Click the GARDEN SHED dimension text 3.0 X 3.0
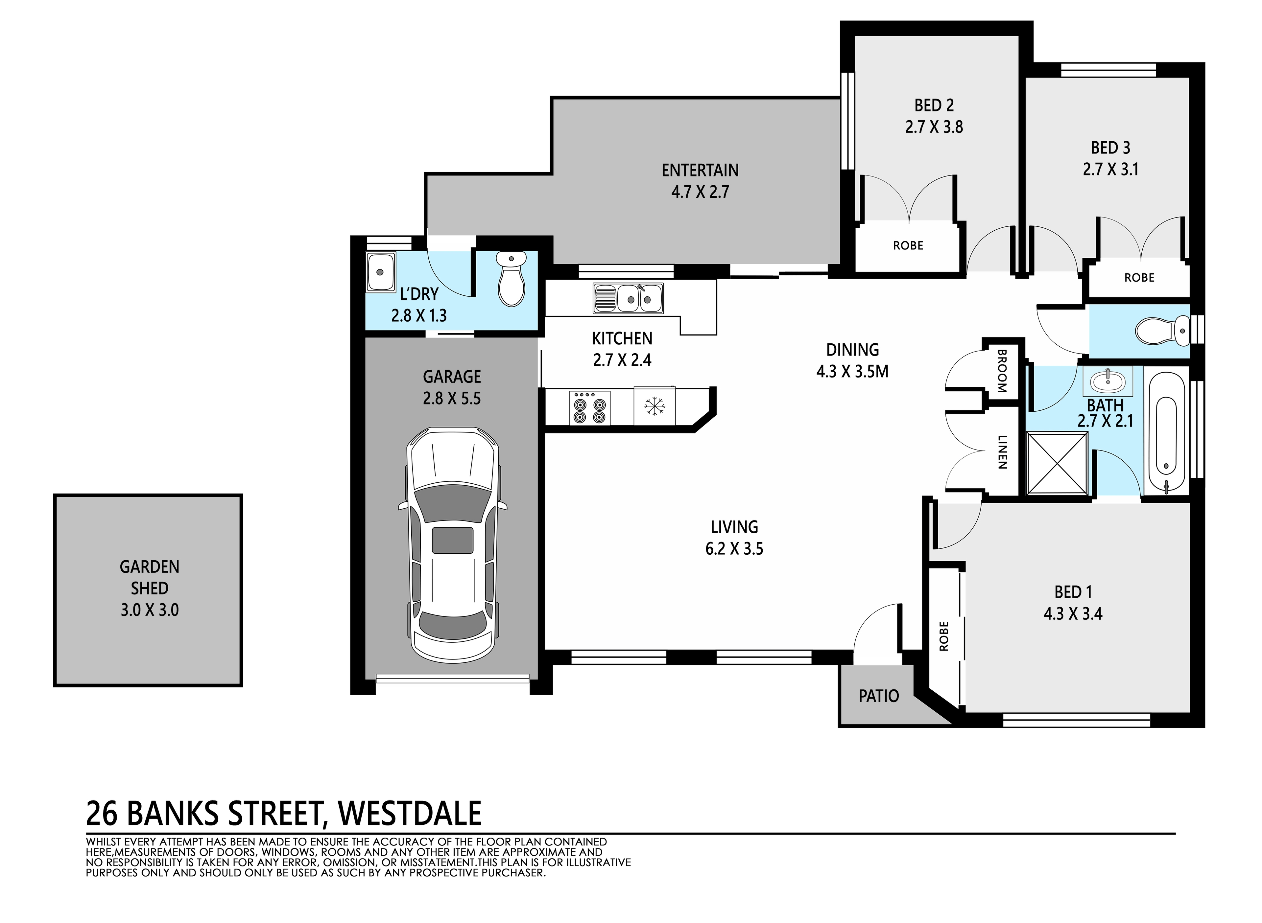coord(150,610)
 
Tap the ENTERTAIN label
coord(700,170)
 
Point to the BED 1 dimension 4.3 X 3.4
coord(1073,613)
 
